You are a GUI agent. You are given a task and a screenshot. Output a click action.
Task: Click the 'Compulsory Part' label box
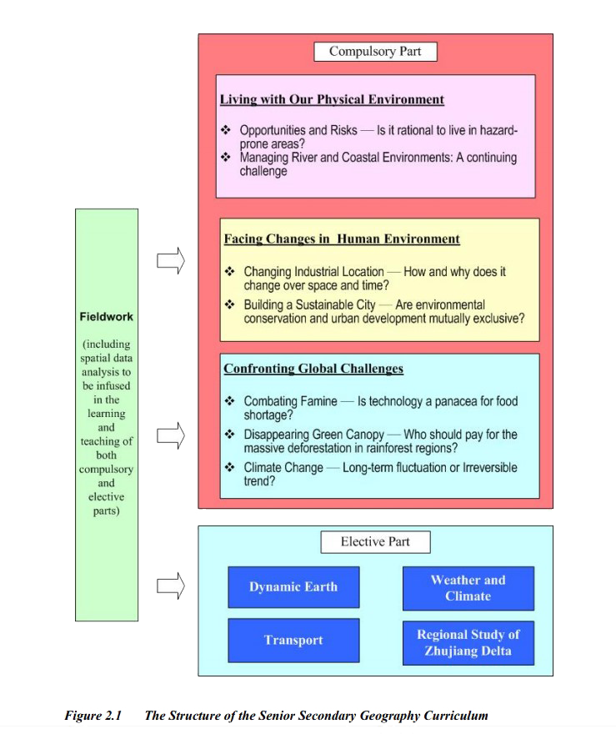(x=375, y=52)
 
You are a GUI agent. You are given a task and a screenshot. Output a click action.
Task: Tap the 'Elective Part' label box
(x=375, y=541)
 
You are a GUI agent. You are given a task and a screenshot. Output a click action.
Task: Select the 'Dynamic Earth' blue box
(x=293, y=587)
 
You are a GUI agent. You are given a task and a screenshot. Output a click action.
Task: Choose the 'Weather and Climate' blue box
(x=468, y=588)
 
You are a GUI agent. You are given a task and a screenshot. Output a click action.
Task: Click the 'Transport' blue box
(x=293, y=640)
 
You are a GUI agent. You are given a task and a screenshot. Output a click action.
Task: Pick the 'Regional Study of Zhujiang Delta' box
(x=468, y=643)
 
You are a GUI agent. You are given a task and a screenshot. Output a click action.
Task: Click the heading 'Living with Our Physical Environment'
(x=332, y=99)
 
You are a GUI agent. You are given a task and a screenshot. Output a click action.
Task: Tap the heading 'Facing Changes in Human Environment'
(x=342, y=239)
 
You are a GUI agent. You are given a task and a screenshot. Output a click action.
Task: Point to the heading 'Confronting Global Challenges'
(x=313, y=369)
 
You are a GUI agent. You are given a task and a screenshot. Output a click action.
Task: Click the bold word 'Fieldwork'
(x=106, y=317)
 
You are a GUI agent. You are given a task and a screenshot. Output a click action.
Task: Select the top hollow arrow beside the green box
(x=171, y=260)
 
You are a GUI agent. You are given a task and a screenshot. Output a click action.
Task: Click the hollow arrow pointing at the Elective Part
(x=171, y=586)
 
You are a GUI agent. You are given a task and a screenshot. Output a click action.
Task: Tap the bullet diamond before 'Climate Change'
(x=229, y=467)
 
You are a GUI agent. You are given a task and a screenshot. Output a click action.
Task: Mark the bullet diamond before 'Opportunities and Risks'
(x=225, y=129)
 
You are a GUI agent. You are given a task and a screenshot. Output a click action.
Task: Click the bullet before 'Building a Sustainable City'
(x=229, y=304)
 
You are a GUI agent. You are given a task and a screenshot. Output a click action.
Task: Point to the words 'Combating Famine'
(x=290, y=401)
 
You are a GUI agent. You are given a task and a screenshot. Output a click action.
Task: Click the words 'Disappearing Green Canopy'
(x=314, y=435)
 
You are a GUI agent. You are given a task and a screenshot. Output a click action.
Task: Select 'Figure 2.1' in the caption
(x=93, y=716)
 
